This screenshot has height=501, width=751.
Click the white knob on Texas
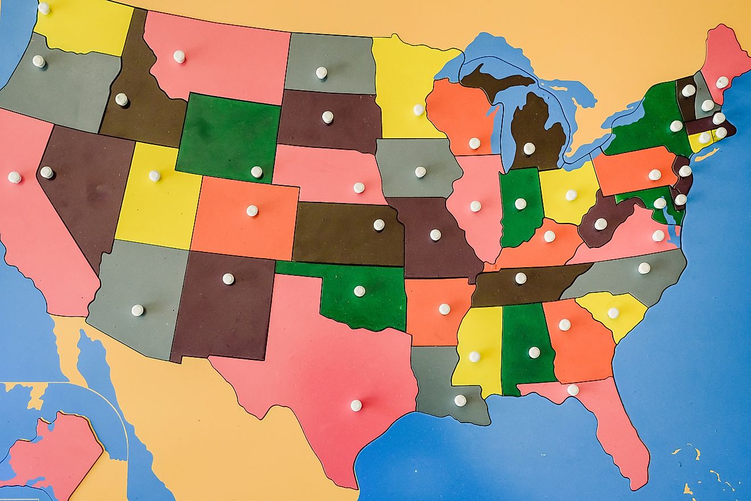pos(356,405)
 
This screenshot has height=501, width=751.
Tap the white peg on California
pos(14,177)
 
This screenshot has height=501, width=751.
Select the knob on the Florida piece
pos(573,390)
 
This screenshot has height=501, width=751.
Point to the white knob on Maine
pos(721,82)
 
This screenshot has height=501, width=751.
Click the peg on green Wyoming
pos(257,171)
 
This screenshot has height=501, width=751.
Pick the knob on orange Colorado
pos(252,210)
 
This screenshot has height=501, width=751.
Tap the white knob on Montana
pos(179,56)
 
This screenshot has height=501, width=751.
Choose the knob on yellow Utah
pos(155,176)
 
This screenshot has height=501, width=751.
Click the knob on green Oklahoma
pos(359,291)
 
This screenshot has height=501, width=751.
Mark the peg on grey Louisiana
pos(460,400)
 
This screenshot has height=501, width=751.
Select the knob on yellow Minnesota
pos(419,109)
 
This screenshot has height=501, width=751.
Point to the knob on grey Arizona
pos(138,310)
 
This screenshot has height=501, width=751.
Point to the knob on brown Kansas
pos(379,225)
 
